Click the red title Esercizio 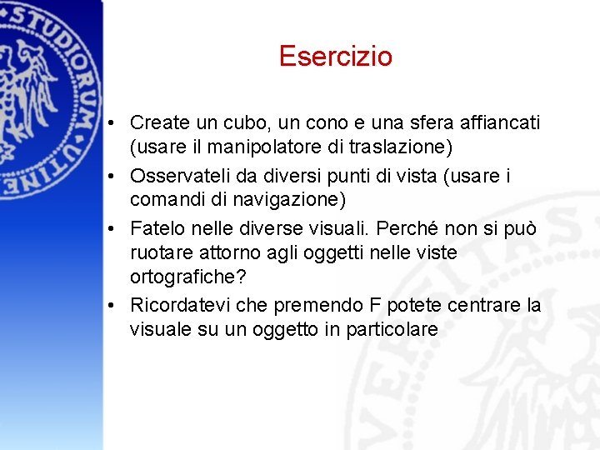click(x=336, y=56)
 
